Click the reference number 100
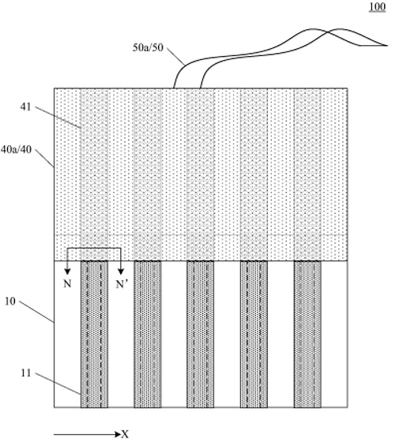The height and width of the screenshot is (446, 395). coord(378,6)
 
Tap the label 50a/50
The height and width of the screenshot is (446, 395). coord(148,47)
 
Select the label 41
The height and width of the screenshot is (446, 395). coord(25,107)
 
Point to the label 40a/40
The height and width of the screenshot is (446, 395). coord(17,149)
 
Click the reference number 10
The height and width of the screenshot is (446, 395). coord(10,302)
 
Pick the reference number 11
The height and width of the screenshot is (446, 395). coord(26,373)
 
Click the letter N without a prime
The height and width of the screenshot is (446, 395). coord(67,283)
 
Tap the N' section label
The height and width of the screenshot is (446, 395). coord(122,283)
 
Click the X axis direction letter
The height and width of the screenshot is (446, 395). coord(125,434)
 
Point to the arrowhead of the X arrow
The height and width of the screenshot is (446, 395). coord(118,434)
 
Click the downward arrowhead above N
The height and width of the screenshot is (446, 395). coord(67,272)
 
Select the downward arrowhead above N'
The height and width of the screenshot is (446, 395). coord(121,272)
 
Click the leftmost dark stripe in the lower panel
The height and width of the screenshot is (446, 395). coord(94,334)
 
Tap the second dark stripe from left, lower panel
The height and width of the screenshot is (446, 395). coord(148,334)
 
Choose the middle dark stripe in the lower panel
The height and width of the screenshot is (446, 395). coord(201,334)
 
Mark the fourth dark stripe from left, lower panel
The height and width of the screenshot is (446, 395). coord(254,334)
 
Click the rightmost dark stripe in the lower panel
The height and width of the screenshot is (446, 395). coord(307,334)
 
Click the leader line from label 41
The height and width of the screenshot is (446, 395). coord(58,118)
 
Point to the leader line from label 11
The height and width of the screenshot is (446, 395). coord(58,384)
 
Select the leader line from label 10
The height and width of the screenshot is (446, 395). coord(36,312)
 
